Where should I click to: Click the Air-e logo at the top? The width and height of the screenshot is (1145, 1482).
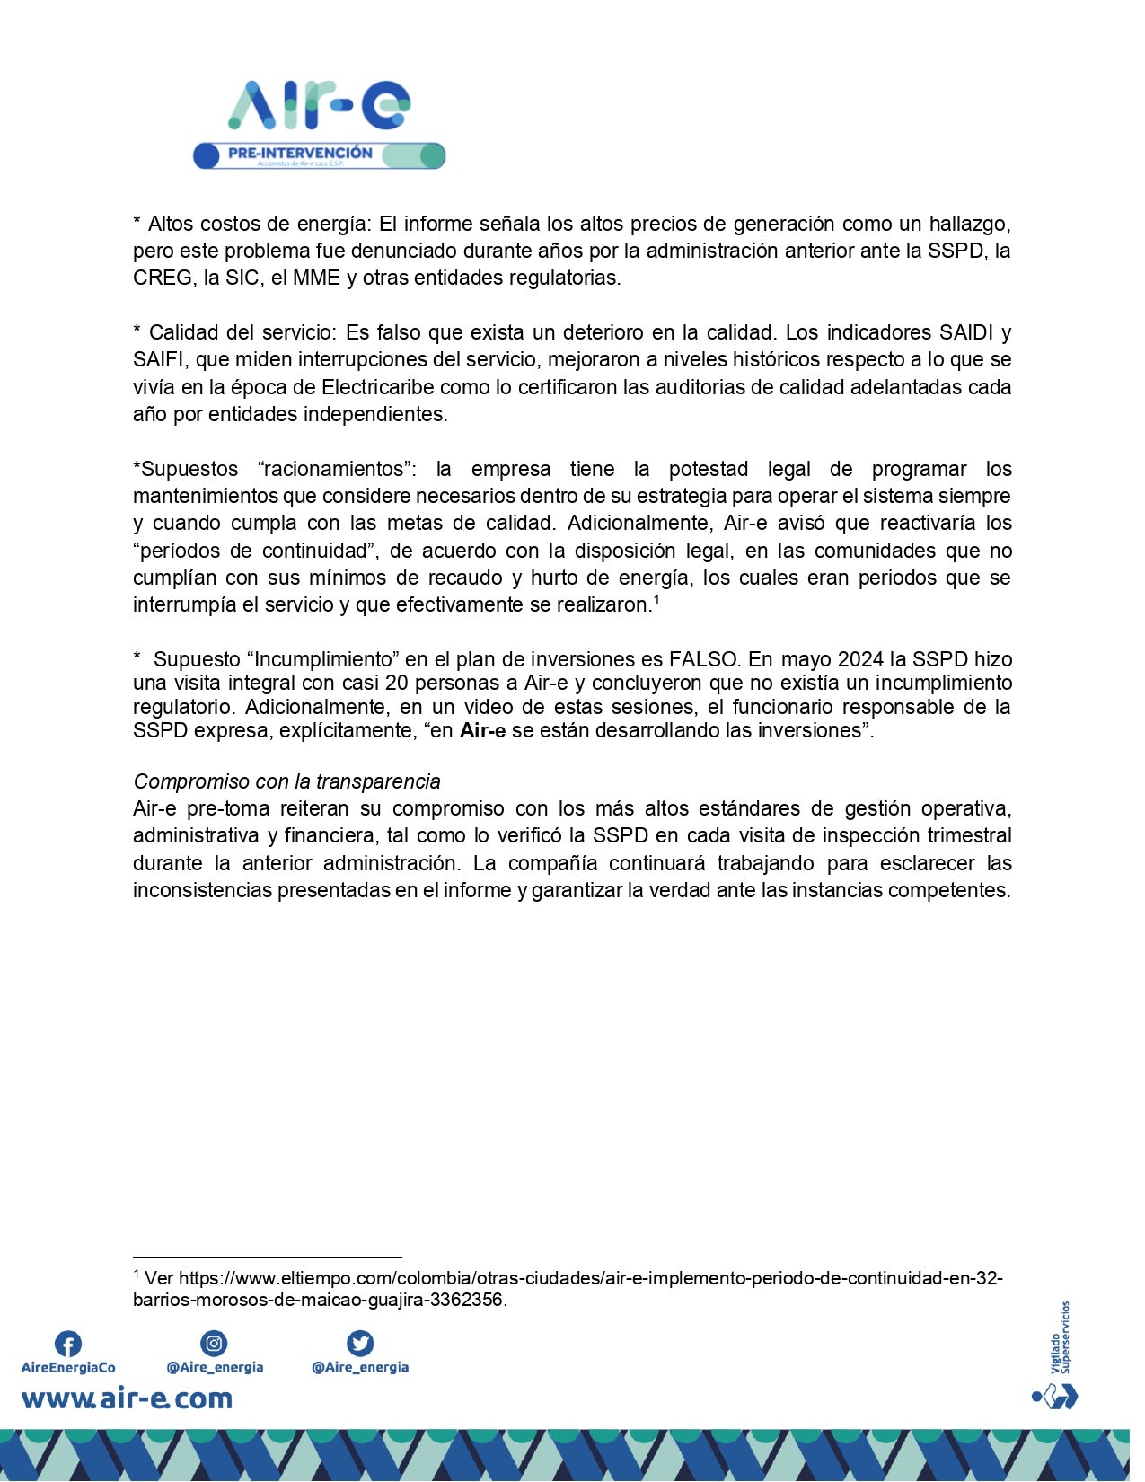click(319, 105)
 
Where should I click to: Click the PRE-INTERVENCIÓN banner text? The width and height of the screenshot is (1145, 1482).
click(300, 153)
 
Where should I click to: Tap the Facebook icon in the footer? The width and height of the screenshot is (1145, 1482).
click(68, 1344)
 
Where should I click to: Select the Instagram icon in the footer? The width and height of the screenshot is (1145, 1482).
click(214, 1343)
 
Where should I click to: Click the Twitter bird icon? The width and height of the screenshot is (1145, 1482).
click(360, 1343)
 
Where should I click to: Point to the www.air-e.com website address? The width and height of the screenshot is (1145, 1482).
click(127, 1398)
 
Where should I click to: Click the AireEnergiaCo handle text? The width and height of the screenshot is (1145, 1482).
click(68, 1368)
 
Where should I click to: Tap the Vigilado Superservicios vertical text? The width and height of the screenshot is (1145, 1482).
click(1060, 1337)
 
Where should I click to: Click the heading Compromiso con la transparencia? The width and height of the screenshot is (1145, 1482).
click(286, 781)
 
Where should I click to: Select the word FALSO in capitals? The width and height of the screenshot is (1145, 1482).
click(705, 659)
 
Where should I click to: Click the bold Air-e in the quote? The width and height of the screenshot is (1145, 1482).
click(482, 730)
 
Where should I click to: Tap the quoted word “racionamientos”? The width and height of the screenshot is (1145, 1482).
click(337, 469)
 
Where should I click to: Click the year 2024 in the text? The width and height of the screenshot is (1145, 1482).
click(860, 659)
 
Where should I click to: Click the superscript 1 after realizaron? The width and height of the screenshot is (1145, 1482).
click(656, 599)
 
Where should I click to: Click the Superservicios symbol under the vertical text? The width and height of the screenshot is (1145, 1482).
click(1055, 1397)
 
